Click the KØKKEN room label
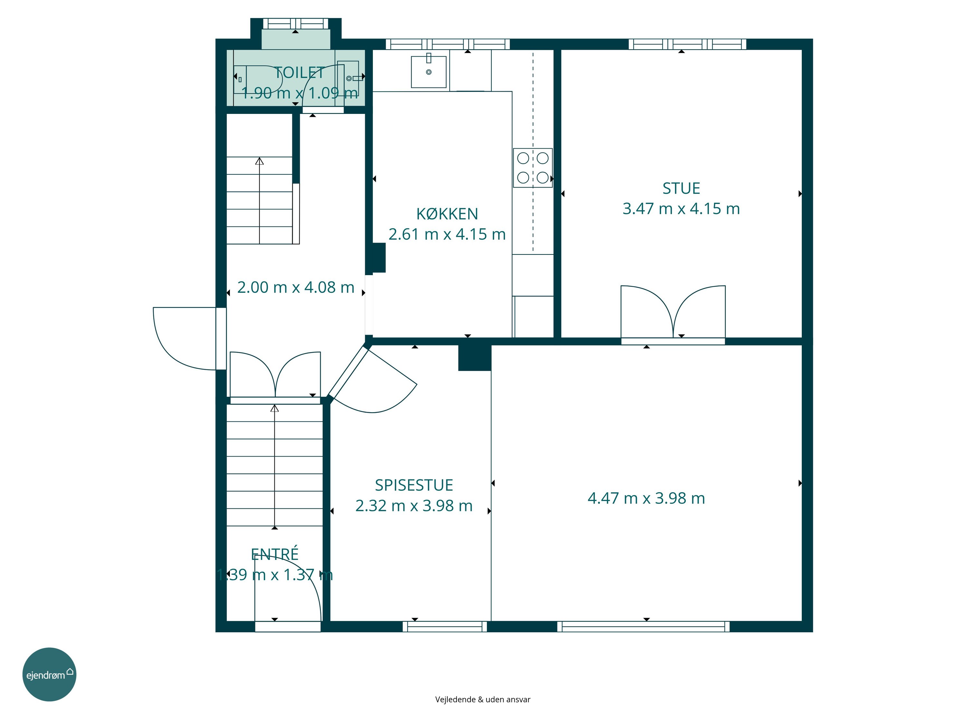tap(447, 214)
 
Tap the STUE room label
tap(681, 189)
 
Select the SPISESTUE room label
tap(414, 485)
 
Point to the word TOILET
tap(299, 72)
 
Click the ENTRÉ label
tap(275, 554)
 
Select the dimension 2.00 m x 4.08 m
tap(296, 287)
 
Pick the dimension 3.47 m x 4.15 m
tap(681, 209)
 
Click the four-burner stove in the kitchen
tap(533, 168)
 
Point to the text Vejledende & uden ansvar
tap(483, 700)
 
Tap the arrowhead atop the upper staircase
tap(260, 161)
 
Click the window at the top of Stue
tap(687, 44)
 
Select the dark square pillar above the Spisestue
tap(475, 357)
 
